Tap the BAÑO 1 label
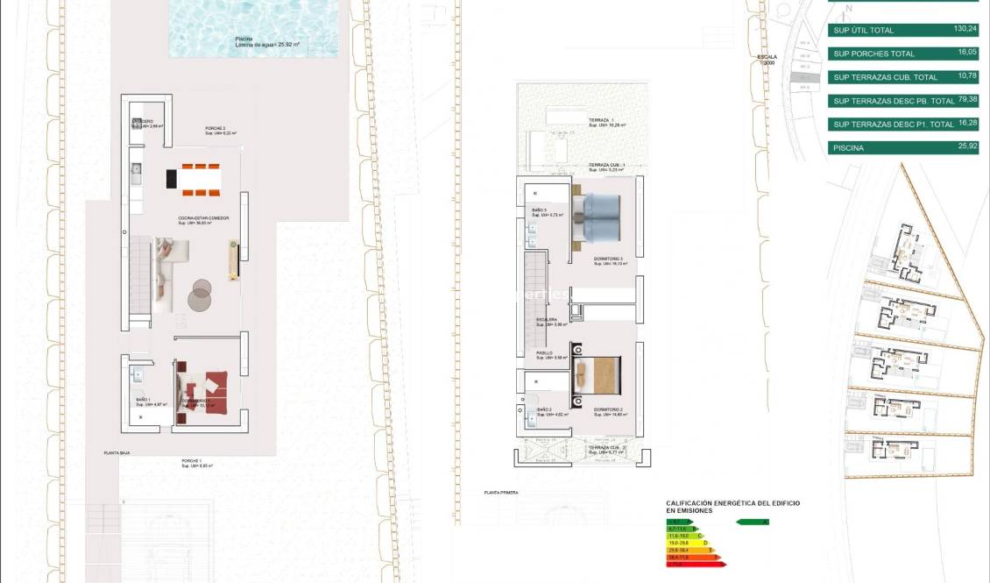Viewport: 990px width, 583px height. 142,400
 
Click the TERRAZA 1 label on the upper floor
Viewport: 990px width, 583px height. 601,120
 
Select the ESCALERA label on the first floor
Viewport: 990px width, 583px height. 548,319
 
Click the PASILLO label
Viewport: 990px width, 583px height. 545,352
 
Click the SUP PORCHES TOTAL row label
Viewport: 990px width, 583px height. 873,54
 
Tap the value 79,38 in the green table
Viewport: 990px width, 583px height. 967,100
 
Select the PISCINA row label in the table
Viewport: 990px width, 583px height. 848,148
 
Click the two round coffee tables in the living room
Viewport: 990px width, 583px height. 201,295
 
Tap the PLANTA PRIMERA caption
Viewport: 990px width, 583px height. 500,493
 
